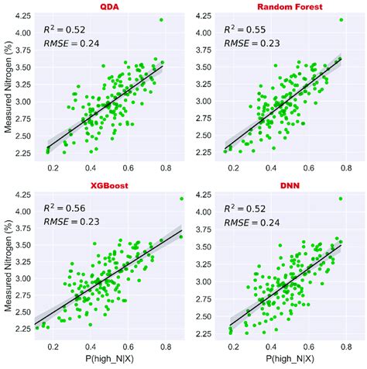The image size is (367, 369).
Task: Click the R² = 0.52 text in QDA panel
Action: [x=63, y=30]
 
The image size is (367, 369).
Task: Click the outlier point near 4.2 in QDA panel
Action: [x=161, y=19]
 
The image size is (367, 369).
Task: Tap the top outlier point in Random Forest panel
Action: [x=341, y=19]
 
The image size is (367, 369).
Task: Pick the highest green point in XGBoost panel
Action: [x=180, y=198]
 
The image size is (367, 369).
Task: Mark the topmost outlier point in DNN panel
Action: [x=340, y=198]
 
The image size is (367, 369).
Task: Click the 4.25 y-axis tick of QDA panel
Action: [x=22, y=15]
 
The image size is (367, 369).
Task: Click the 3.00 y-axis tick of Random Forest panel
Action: [x=201, y=101]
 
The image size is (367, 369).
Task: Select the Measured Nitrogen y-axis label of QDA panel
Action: [x=7, y=89]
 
